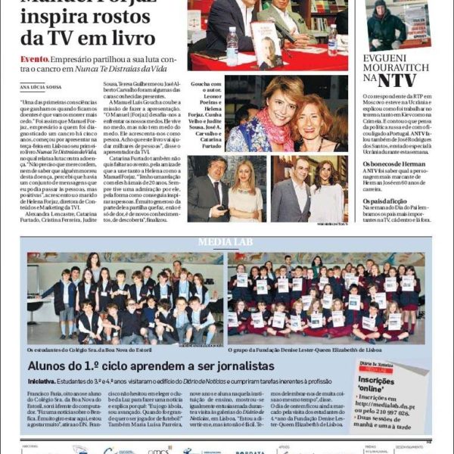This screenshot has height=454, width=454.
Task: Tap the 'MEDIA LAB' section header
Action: [x=227, y=242]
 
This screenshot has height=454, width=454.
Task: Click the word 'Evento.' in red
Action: [x=36, y=59]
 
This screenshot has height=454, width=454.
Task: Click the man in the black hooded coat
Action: [x=386, y=26]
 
